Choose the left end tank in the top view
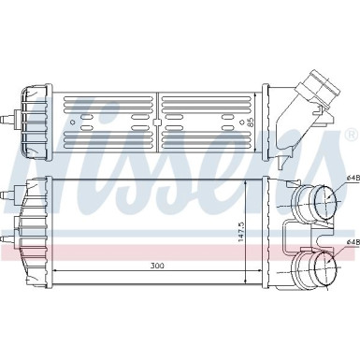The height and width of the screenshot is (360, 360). tap(34, 120)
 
